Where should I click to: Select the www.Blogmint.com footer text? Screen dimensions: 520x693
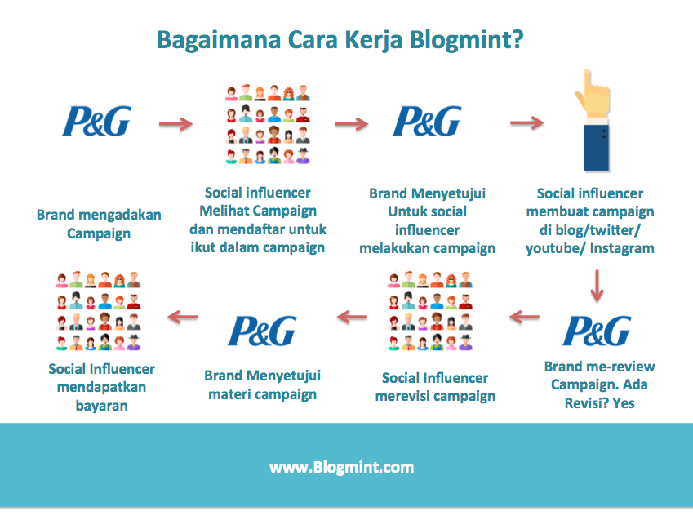pos(341,468)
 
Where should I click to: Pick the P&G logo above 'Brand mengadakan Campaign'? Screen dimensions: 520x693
pos(96,122)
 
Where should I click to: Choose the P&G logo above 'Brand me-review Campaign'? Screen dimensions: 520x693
pos(597,330)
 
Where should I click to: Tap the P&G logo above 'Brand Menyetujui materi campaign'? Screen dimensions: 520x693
pos(262,330)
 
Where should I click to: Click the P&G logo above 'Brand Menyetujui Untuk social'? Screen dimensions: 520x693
pos(427,122)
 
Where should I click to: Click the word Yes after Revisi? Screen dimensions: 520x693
pos(622,403)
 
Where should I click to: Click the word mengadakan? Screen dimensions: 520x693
pos(120,216)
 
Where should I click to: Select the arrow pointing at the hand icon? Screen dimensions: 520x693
pos(526,123)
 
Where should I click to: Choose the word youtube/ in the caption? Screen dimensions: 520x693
pos(555,247)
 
